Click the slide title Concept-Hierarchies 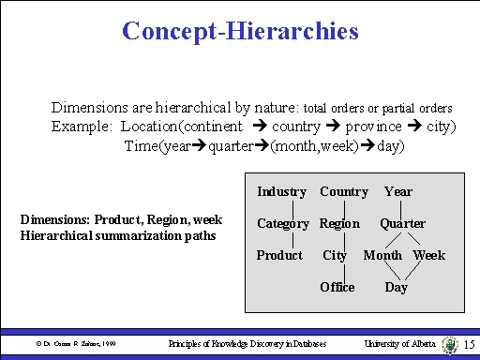coord(240,31)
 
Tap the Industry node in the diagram coord(281,192)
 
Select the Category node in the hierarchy coord(282,224)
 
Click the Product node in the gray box coord(279,256)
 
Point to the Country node coord(343,192)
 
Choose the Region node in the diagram coord(339,224)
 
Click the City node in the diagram coord(335,256)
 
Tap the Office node coord(337,287)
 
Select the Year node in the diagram coord(398,192)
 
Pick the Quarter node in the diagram coord(402,224)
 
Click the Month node coord(382,256)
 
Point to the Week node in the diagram coord(428,256)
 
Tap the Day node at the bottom coord(396,287)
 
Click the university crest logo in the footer coord(448,345)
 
